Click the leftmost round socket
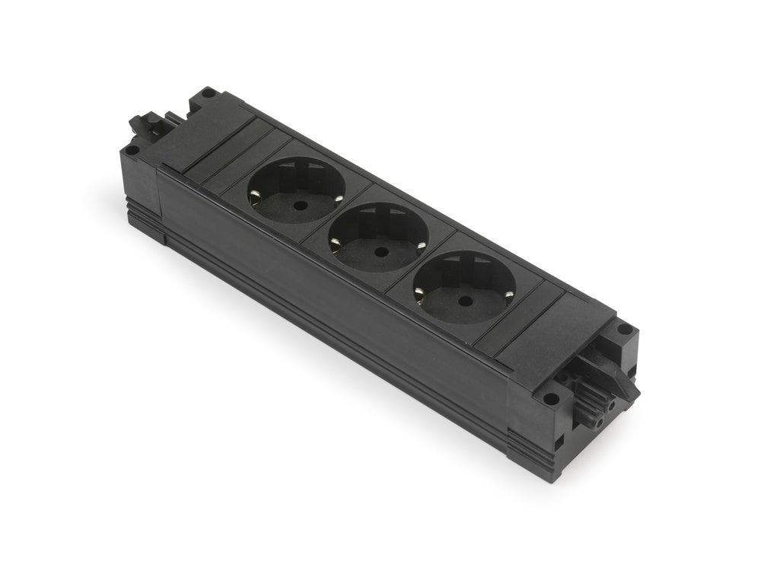pyautogui.click(x=295, y=190)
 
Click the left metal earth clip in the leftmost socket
pyautogui.click(x=250, y=202)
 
